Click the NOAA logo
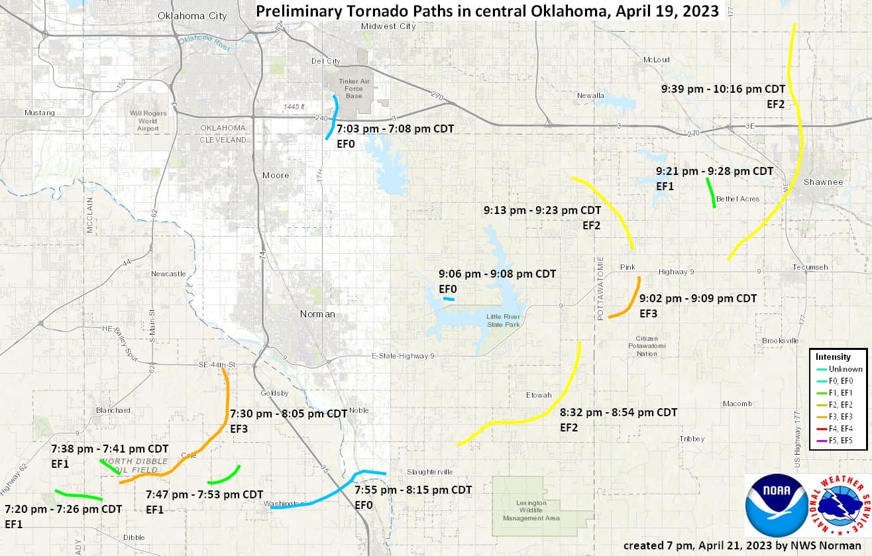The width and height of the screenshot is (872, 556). [x=777, y=506]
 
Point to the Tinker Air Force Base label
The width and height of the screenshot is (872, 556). [x=354, y=89]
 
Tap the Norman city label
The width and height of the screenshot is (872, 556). [x=317, y=313]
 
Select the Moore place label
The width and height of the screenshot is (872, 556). [x=275, y=175]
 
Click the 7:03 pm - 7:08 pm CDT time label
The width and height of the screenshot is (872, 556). [x=395, y=129]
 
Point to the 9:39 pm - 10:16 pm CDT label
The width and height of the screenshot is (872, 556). [x=723, y=89]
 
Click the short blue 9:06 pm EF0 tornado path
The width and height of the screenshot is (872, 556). [x=449, y=299]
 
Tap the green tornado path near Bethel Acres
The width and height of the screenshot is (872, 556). [x=711, y=193]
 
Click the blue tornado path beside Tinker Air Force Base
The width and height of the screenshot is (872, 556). [x=332, y=117]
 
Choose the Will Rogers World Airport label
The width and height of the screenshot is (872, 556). [x=148, y=121]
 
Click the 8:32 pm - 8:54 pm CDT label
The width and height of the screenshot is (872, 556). [x=618, y=412]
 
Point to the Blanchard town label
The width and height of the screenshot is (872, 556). [x=113, y=410]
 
